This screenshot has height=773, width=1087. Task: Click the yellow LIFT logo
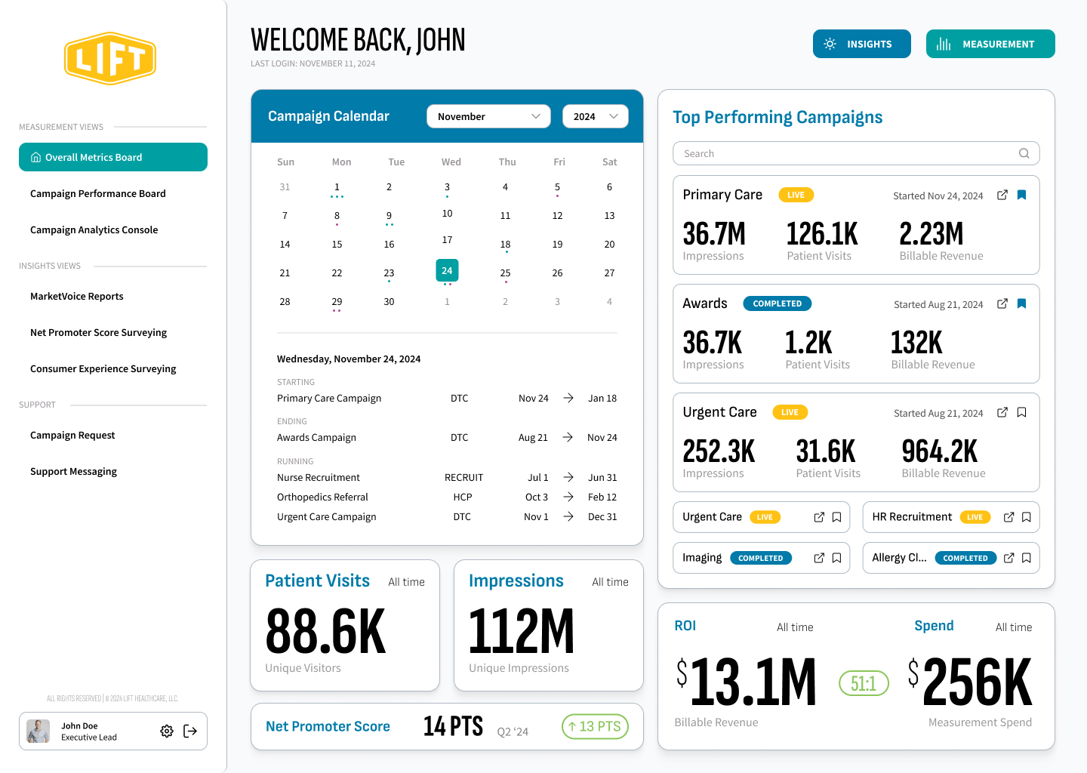click(x=110, y=58)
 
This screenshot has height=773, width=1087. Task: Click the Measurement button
click(x=990, y=44)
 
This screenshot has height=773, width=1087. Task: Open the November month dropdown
click(x=488, y=116)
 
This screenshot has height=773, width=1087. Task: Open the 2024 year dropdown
click(x=595, y=116)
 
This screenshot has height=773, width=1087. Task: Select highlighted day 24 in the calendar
click(x=447, y=270)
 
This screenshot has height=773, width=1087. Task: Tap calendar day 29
click(x=337, y=302)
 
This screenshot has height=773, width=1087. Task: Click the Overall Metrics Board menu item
click(x=113, y=157)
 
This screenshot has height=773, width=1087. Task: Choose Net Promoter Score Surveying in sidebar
click(x=98, y=333)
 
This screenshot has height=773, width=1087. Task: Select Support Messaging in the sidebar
click(x=73, y=472)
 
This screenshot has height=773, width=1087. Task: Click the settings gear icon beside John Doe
click(x=167, y=731)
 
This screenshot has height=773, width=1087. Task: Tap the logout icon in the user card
click(x=190, y=731)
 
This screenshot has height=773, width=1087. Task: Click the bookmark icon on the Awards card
click(x=1021, y=303)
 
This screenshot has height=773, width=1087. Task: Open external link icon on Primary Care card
click(x=1002, y=195)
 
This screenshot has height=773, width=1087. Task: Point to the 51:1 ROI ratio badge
click(x=864, y=683)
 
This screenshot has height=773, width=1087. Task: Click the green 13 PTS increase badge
click(x=595, y=726)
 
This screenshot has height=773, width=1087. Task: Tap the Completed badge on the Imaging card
click(x=761, y=558)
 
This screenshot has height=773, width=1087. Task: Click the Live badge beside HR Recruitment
click(x=975, y=517)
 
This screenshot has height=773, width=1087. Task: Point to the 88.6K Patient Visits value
click(x=325, y=632)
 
